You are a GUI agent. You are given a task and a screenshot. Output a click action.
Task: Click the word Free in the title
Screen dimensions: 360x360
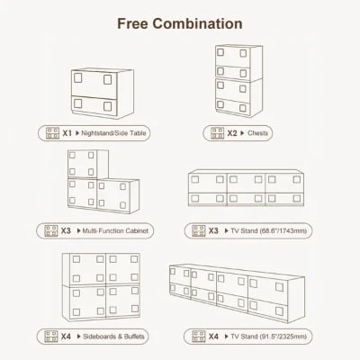pyautogui.click(x=132, y=23)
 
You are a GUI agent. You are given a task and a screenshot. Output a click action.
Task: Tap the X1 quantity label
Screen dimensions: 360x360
pyautogui.click(x=67, y=133)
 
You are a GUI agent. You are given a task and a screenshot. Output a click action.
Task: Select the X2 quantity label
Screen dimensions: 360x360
pyautogui.click(x=232, y=133)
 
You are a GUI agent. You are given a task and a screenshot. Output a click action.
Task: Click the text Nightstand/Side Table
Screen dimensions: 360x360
pyautogui.click(x=113, y=133)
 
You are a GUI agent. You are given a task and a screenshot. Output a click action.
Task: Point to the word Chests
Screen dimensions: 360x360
pyautogui.click(x=257, y=133)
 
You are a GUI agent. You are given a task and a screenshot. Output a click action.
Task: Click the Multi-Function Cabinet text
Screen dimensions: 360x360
pyautogui.click(x=115, y=230)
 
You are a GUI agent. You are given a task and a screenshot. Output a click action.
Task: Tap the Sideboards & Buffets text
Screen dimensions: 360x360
pyautogui.click(x=113, y=337)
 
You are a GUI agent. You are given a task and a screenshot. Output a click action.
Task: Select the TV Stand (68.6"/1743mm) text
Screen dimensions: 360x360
pyautogui.click(x=269, y=230)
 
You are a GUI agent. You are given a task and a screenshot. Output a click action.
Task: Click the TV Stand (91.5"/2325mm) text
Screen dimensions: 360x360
pyautogui.click(x=269, y=337)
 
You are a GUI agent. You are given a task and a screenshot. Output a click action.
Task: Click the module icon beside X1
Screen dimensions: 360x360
pyautogui.click(x=52, y=133)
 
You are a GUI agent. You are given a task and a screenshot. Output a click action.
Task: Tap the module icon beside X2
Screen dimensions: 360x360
pyautogui.click(x=217, y=133)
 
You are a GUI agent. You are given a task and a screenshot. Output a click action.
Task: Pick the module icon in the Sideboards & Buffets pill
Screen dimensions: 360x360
pyautogui.click(x=51, y=337)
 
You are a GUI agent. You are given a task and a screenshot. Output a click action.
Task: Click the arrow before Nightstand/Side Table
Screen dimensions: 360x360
pyautogui.click(x=77, y=133)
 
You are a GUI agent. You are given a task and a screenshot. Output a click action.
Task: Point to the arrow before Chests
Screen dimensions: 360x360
pyautogui.click(x=242, y=133)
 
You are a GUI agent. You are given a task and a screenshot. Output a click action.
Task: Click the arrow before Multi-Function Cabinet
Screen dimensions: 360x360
pyautogui.click(x=79, y=230)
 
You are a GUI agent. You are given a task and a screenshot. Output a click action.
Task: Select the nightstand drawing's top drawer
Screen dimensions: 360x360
pyautogui.click(x=94, y=84)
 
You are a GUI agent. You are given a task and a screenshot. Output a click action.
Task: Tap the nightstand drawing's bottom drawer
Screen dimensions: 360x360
pyautogui.click(x=94, y=105)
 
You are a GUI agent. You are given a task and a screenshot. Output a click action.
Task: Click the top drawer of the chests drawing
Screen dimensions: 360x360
pyautogui.click(x=233, y=56)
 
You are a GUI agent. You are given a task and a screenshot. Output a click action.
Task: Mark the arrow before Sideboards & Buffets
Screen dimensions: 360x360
pyautogui.click(x=79, y=337)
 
